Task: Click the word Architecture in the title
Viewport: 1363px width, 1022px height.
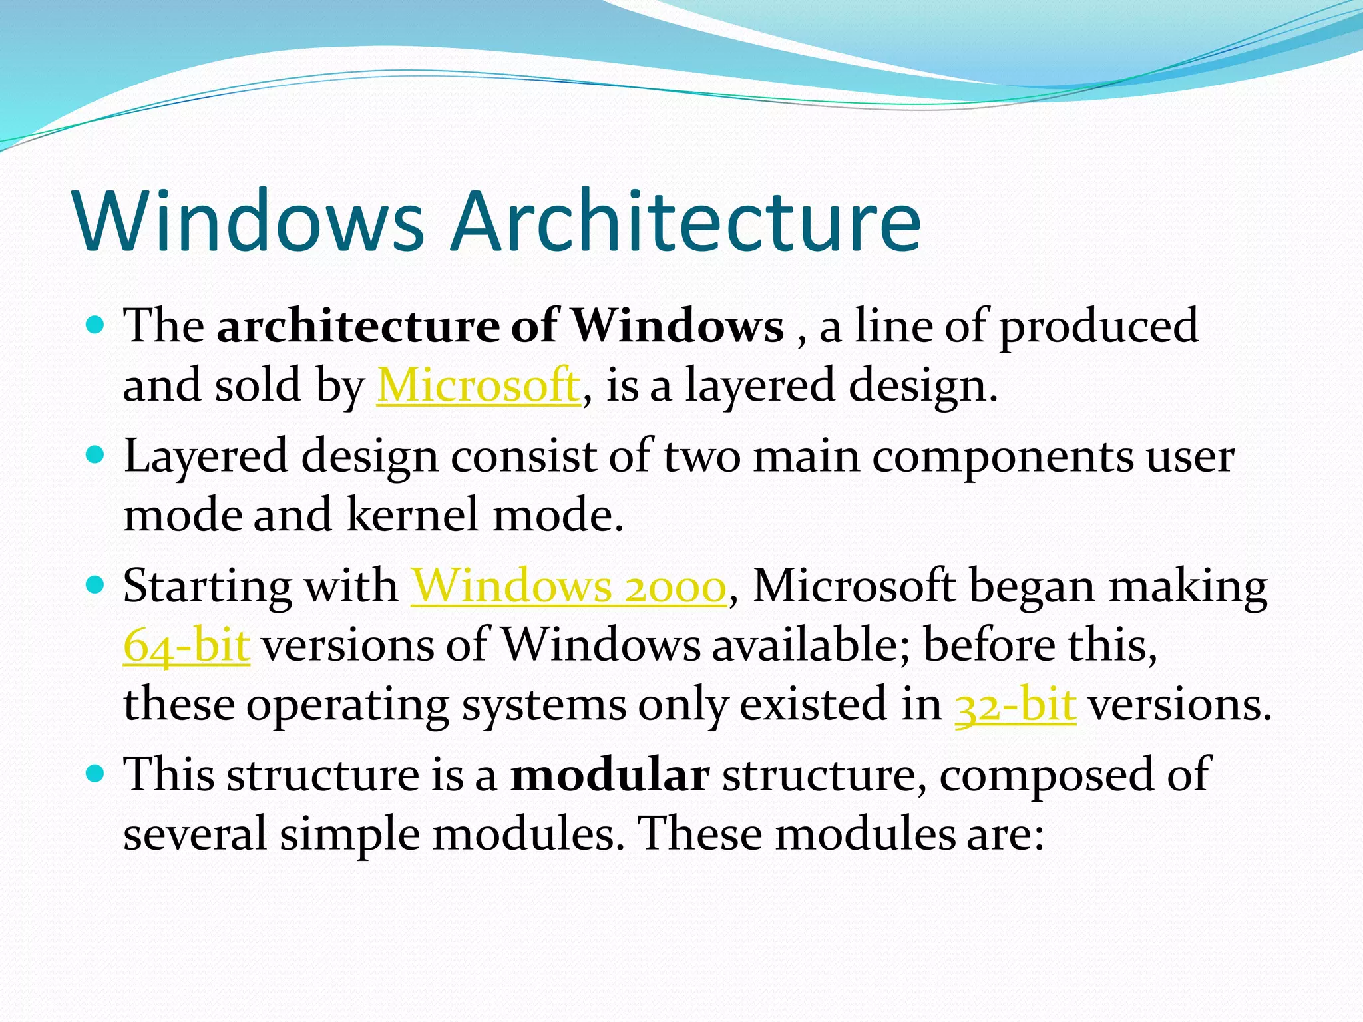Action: [x=685, y=221]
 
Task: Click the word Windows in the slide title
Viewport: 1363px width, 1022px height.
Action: [x=250, y=221]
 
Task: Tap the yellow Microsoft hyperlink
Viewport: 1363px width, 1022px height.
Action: [x=479, y=385]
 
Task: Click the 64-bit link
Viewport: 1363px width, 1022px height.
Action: [x=187, y=645]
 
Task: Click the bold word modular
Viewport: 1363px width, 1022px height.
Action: [x=610, y=775]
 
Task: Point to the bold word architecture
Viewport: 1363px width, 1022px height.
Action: [x=358, y=326]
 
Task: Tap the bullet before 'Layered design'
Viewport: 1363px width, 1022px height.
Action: [x=96, y=455]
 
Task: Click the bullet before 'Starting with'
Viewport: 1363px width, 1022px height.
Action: [x=96, y=586]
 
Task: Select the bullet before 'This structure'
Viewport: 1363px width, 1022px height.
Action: [x=96, y=774]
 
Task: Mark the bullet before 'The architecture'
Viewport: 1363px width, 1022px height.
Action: [x=96, y=325]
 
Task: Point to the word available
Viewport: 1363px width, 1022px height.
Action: [x=805, y=645]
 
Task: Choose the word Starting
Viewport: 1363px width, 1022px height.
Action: [x=207, y=588]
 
